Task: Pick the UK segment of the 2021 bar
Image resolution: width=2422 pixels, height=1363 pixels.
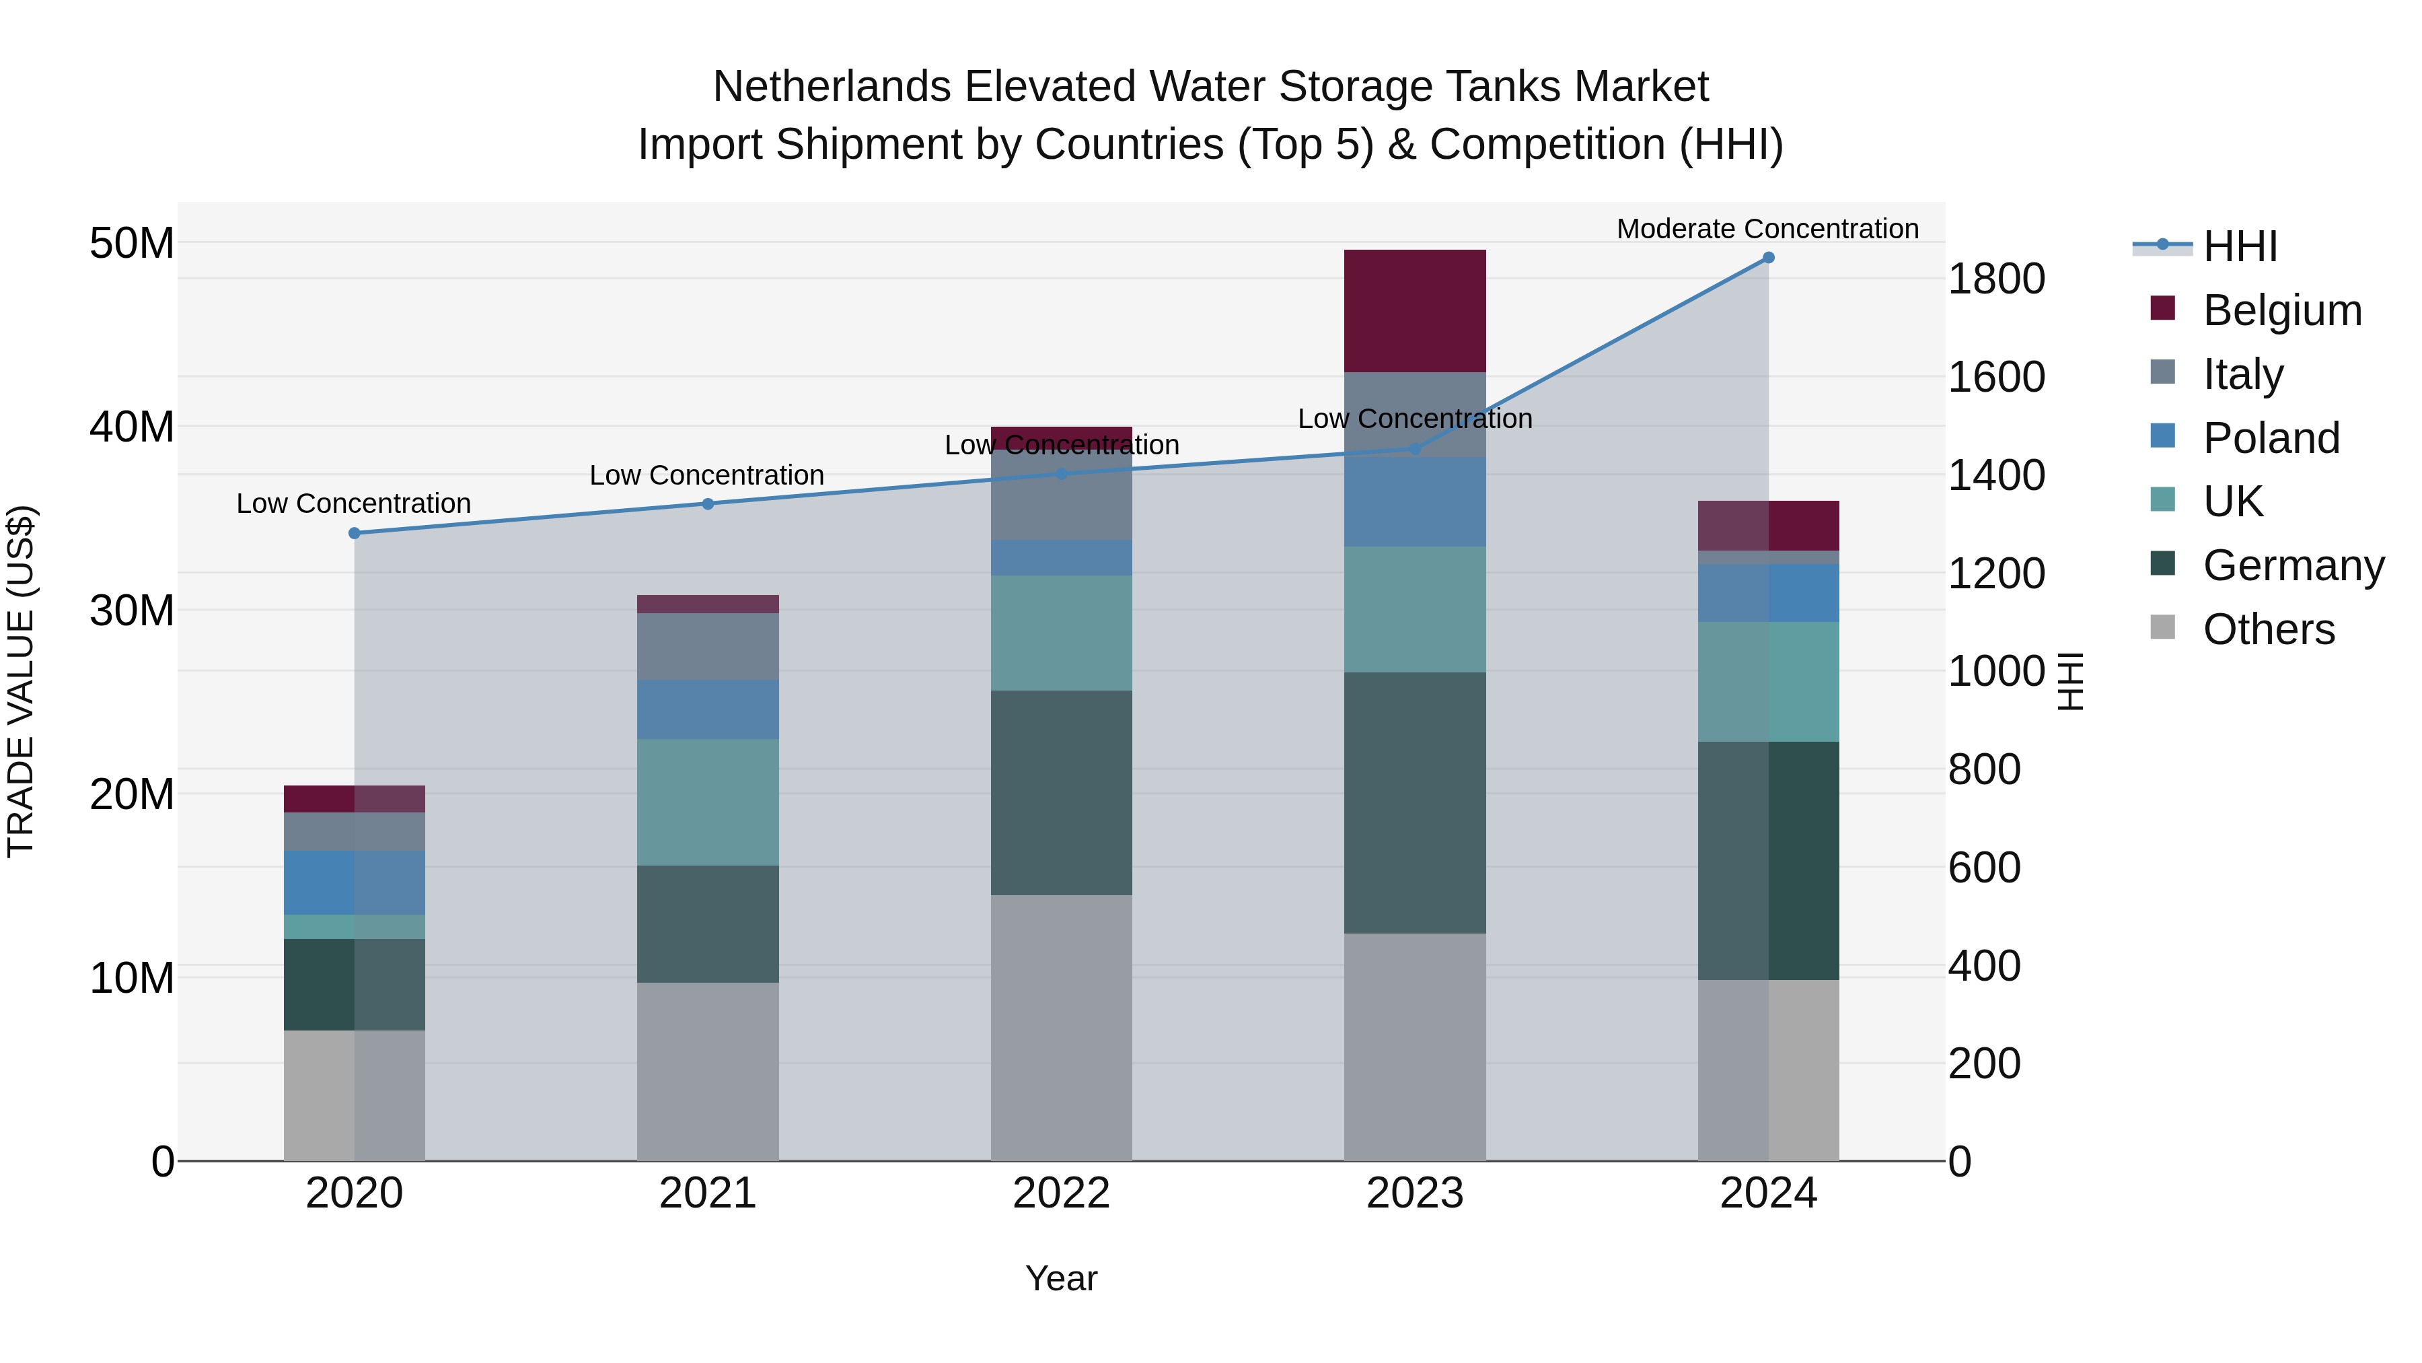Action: [707, 802]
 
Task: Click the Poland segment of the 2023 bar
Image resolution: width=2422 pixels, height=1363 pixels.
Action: [1414, 501]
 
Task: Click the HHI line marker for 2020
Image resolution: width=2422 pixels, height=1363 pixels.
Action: [355, 533]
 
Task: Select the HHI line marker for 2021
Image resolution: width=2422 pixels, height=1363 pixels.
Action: [708, 504]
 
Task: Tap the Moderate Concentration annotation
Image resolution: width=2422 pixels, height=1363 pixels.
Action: [1767, 229]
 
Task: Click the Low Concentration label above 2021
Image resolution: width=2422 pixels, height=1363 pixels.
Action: [706, 475]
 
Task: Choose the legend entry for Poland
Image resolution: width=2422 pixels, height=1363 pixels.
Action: [2271, 438]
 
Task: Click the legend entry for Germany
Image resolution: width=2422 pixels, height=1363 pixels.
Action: [2293, 565]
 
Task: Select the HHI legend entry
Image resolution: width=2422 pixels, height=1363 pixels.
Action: [2240, 246]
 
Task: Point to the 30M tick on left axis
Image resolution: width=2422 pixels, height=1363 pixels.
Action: [132, 610]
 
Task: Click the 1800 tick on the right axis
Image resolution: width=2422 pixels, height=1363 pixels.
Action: [1995, 279]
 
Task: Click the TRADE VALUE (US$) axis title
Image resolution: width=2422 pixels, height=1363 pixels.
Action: [21, 681]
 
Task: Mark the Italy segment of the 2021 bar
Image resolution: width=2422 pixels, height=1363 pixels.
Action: [707, 646]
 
